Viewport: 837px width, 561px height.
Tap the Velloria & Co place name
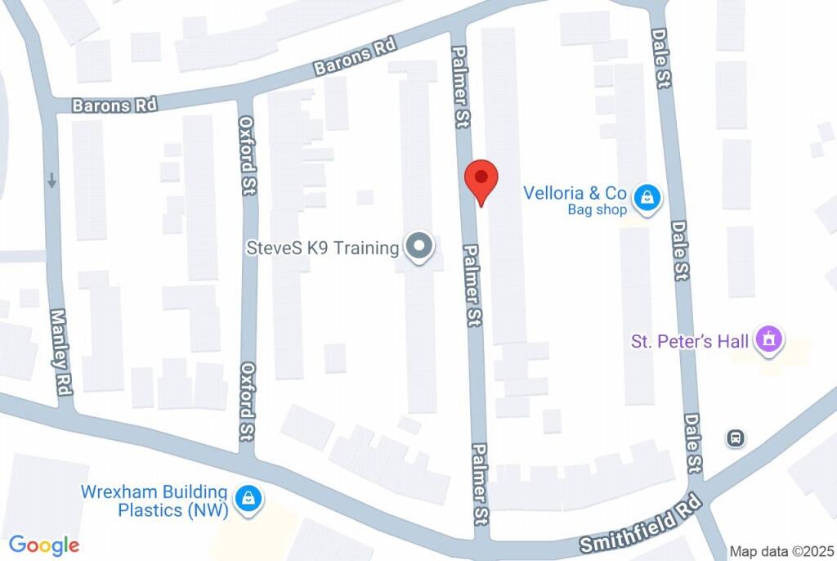coord(575,193)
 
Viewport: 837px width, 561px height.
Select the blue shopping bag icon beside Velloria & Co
coord(647,197)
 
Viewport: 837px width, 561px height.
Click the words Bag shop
coord(598,210)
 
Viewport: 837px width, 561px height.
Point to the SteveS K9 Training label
coord(322,247)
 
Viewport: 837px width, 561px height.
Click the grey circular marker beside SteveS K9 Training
coord(420,247)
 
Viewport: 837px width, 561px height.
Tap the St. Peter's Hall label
coord(691,340)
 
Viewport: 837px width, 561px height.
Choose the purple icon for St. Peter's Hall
coord(769,339)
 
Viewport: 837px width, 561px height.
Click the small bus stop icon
coord(736,438)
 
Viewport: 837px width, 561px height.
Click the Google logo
coord(44,545)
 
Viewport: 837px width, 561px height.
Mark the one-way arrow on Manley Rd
coord(52,180)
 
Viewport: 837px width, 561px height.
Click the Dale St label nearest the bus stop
coord(693,442)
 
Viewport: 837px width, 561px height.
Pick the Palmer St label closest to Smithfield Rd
coord(481,484)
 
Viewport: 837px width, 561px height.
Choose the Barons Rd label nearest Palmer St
coord(356,60)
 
